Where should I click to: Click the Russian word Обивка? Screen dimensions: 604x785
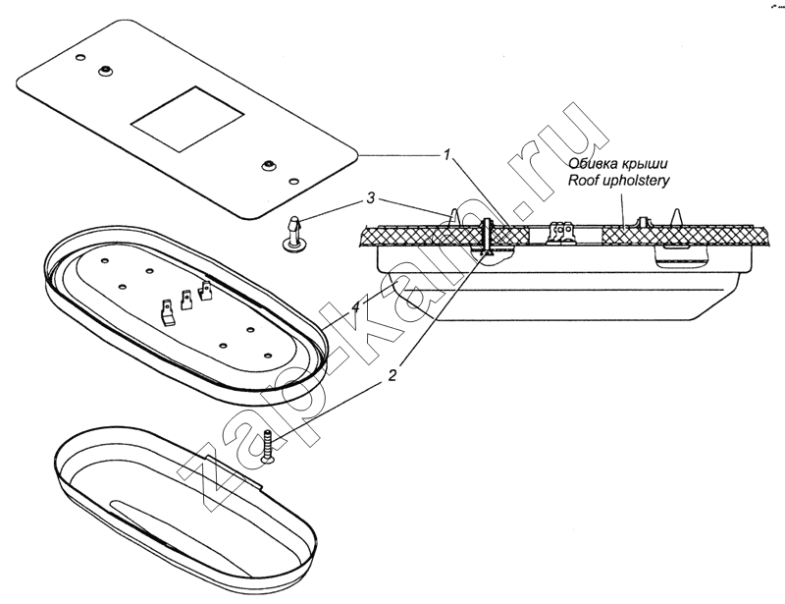593,165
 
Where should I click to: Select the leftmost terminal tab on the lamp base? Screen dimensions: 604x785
168,311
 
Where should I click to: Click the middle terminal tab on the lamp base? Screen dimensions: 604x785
186,299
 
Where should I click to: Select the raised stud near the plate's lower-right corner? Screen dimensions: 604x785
267,164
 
